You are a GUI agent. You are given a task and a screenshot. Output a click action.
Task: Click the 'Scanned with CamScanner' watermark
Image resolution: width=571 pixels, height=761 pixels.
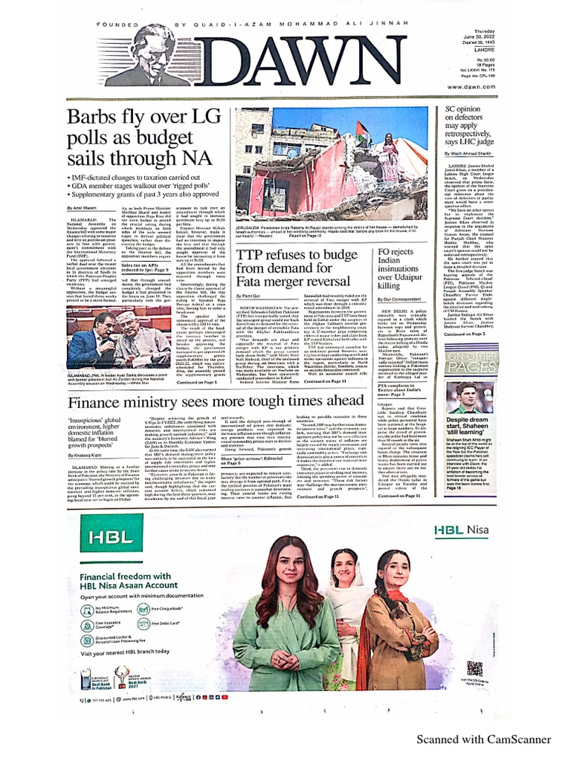pyautogui.click(x=483, y=739)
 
